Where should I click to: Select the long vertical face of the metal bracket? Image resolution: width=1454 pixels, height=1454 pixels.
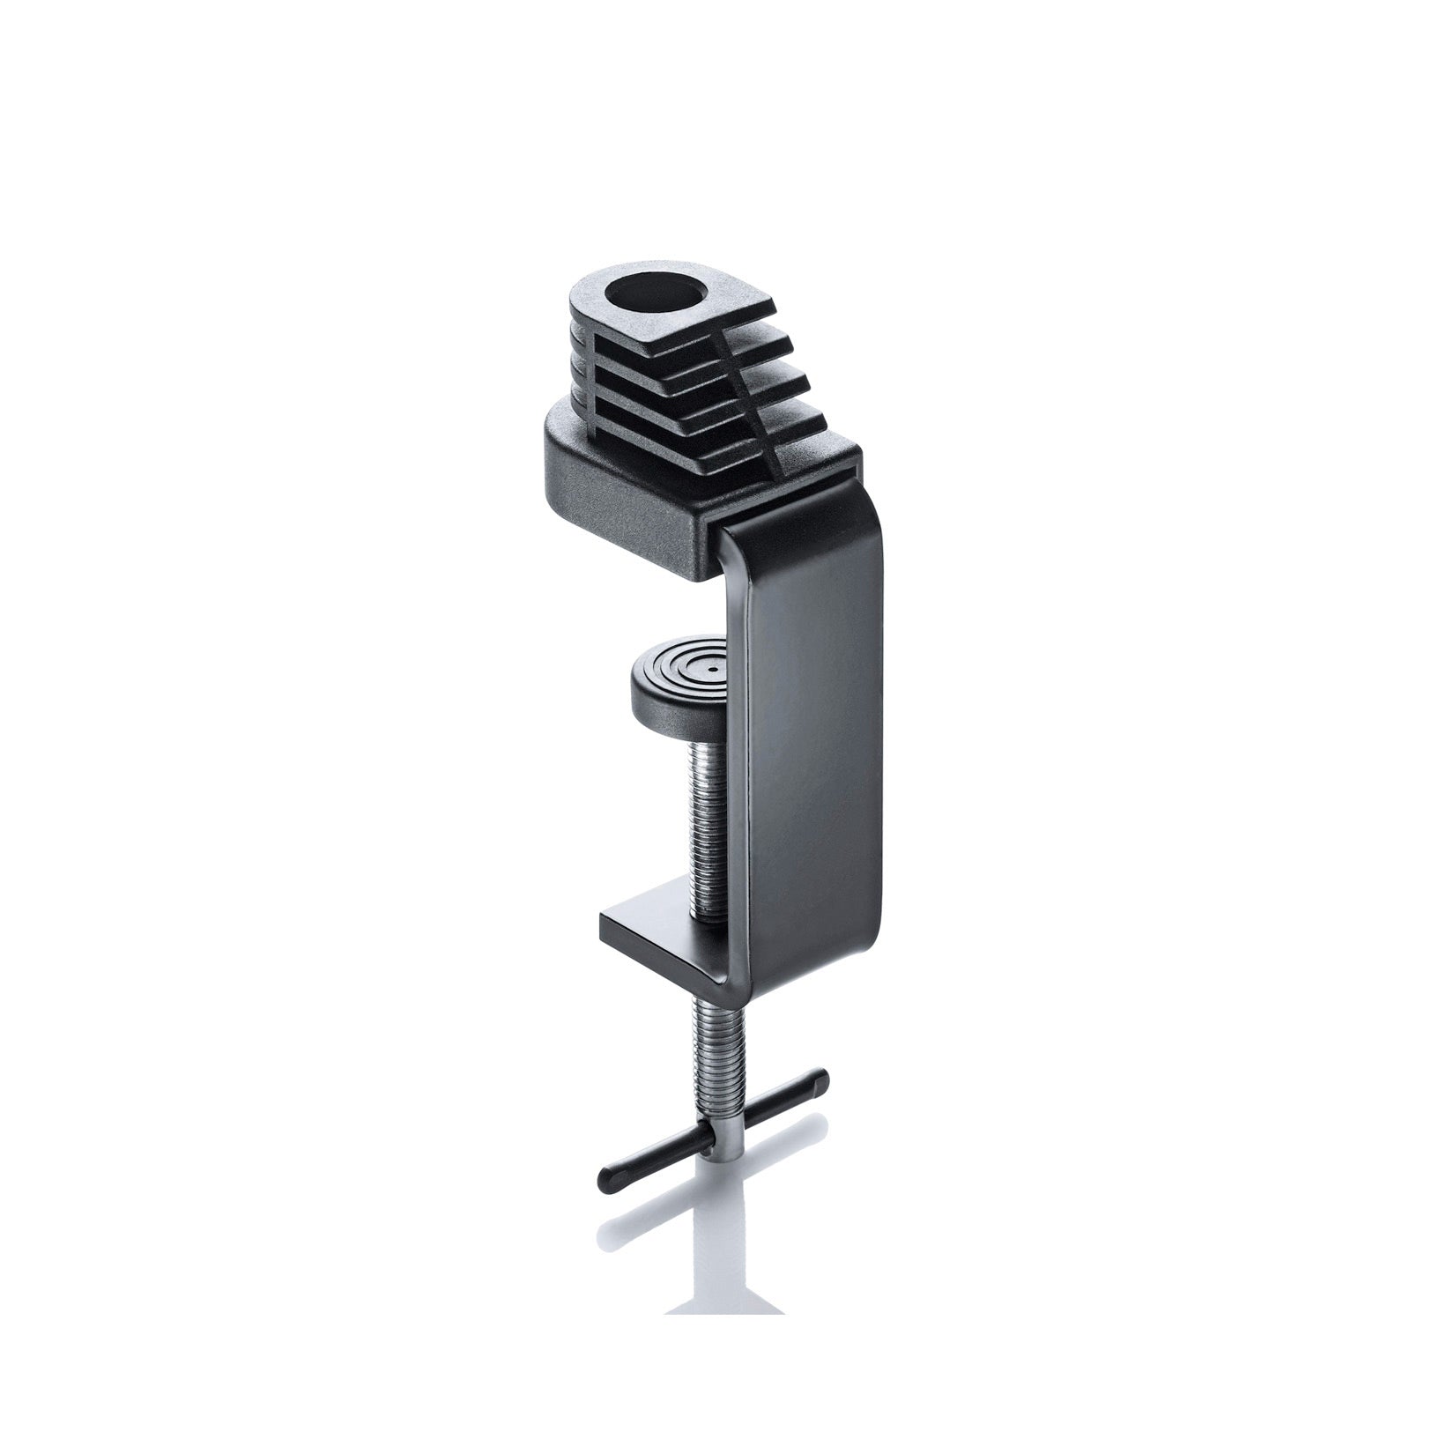click(802, 749)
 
